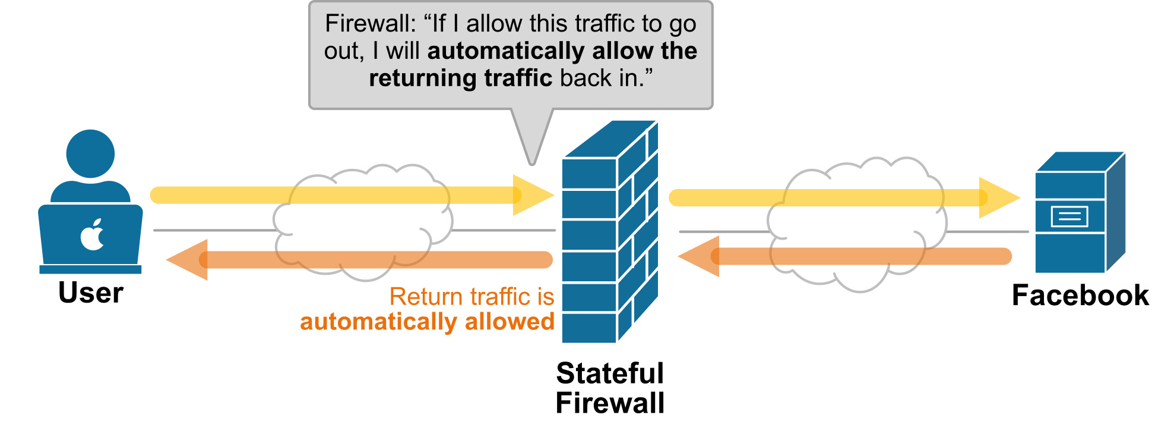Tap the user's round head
point(90,153)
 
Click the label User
point(91,293)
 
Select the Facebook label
point(1080,295)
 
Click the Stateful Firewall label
point(610,388)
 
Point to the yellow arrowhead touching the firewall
point(531,195)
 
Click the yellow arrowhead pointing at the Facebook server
point(998,197)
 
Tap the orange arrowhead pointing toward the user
point(189,260)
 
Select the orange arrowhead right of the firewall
point(701,256)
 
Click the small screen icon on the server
point(1069,216)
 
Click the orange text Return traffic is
point(471,296)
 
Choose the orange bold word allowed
point(509,322)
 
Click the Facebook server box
point(1078,214)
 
